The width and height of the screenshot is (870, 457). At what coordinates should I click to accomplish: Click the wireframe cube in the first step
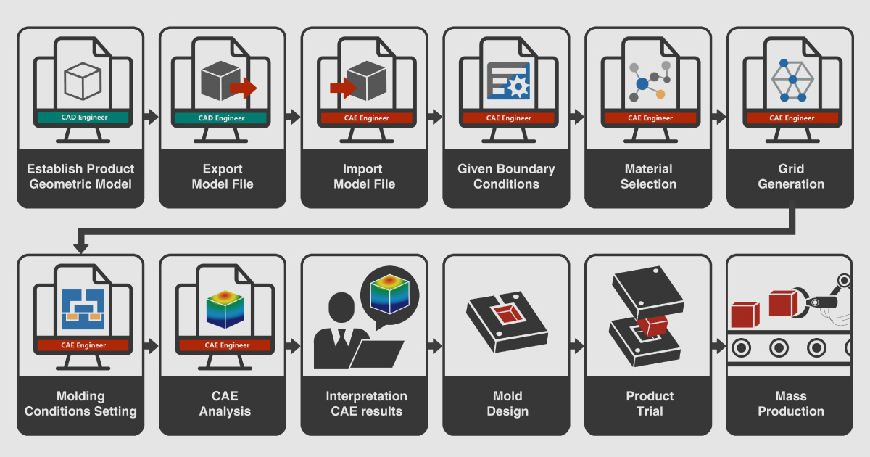coord(80,82)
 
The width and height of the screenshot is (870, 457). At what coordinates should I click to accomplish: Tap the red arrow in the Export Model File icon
coord(243,88)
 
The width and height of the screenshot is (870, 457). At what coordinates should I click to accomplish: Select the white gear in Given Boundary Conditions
coord(517,88)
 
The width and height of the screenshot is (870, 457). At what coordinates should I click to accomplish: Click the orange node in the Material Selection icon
coord(660,94)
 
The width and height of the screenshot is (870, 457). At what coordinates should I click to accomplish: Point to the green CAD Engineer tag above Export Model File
coord(222,118)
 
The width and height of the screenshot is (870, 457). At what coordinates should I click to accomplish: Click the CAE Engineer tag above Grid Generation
coord(791,118)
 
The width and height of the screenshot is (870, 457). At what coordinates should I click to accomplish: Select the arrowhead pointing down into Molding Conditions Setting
coord(80,247)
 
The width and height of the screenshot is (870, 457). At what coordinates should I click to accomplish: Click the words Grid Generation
coord(791,176)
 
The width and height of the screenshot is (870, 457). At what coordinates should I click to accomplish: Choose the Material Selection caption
coord(649,176)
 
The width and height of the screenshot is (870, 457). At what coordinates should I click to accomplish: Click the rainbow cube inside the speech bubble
coord(389,292)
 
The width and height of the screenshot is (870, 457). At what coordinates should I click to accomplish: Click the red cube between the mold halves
coord(653,327)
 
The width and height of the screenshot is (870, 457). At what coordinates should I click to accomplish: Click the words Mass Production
coord(791,403)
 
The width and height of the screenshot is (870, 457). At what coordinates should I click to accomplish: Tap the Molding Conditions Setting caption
coord(80,403)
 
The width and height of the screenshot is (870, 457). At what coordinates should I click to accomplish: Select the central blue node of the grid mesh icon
coord(792,79)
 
